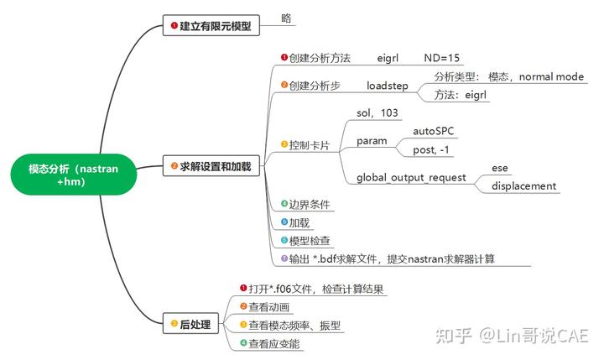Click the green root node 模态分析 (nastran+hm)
(74, 175)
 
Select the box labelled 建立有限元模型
(211, 25)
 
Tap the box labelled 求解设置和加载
(211, 166)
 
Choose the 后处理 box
(191, 324)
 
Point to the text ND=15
(441, 58)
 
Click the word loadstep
(387, 86)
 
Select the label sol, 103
(377, 112)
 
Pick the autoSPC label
(434, 131)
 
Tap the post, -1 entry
(430, 149)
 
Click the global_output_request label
(411, 178)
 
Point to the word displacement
(523, 186)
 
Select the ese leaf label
(500, 168)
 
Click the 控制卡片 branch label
(310, 145)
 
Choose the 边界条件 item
(310, 204)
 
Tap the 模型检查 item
(310, 241)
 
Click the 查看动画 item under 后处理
(268, 307)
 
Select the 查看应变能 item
(273, 343)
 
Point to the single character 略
(286, 18)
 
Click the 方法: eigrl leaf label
(460, 95)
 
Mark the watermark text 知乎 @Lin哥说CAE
(512, 336)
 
